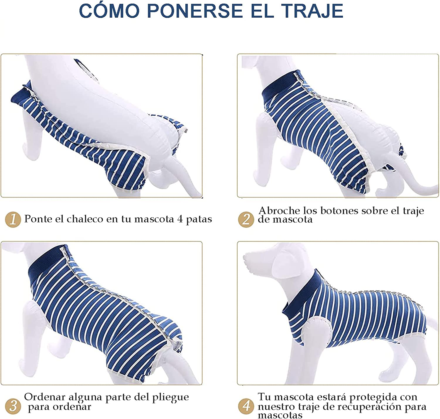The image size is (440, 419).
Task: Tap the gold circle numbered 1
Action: [13, 219]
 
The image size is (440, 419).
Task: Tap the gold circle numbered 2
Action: [246, 219]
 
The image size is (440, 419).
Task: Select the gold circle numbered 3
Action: [13, 406]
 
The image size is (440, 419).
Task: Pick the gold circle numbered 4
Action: [246, 406]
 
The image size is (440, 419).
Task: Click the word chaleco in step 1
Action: [84, 219]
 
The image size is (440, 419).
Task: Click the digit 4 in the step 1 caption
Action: [180, 219]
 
